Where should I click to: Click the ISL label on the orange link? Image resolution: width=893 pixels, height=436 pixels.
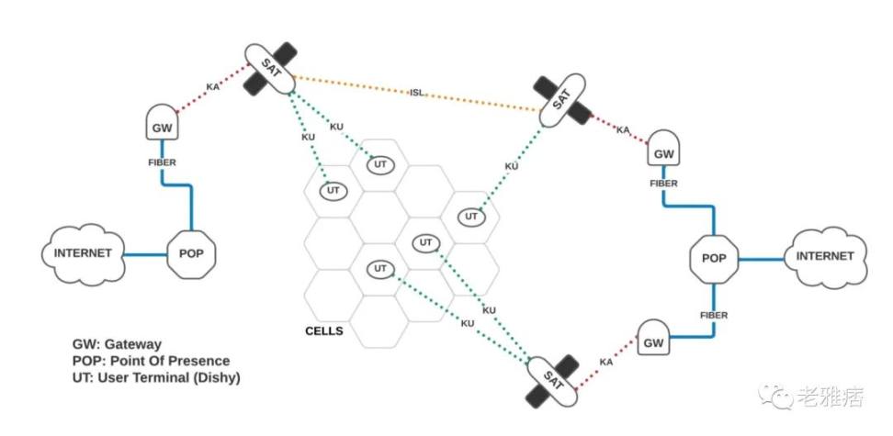pyautogui.click(x=416, y=92)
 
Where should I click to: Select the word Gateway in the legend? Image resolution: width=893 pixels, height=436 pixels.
pyautogui.click(x=134, y=344)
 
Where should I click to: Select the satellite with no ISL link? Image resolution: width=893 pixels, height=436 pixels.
pyautogui.click(x=554, y=380)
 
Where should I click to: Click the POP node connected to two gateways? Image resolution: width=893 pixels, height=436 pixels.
pyautogui.click(x=716, y=258)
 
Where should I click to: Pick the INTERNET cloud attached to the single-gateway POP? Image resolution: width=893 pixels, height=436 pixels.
pyautogui.click(x=83, y=252)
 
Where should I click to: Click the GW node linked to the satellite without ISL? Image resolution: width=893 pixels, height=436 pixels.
pyautogui.click(x=653, y=342)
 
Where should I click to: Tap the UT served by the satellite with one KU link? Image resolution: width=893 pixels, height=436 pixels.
pyautogui.click(x=471, y=217)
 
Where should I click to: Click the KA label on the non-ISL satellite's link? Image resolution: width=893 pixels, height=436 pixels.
pyautogui.click(x=605, y=363)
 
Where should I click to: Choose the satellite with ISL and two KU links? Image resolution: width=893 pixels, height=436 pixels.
pyautogui.click(x=270, y=69)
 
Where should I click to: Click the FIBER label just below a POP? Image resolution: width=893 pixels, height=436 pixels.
pyautogui.click(x=714, y=315)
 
